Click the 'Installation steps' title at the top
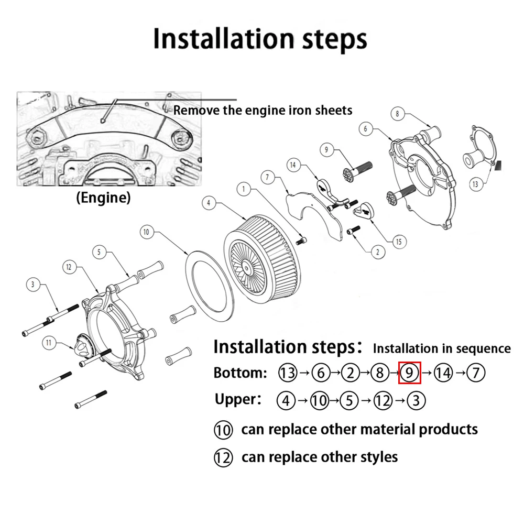point(260,39)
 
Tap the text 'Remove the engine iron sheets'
point(263,110)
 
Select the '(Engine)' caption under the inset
point(103,198)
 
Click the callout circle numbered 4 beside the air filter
point(209,203)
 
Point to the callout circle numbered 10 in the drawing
point(146,231)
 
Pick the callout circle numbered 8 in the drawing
point(397,114)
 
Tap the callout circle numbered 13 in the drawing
point(475,184)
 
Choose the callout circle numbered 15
point(399,242)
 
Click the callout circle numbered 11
point(49,343)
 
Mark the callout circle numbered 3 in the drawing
point(33,285)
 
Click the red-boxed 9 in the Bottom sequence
point(410,373)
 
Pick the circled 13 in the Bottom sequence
point(288,373)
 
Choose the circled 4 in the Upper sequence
point(286,401)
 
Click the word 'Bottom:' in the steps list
point(241,373)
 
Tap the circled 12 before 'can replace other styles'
point(223,457)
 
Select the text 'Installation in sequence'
point(441,348)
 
